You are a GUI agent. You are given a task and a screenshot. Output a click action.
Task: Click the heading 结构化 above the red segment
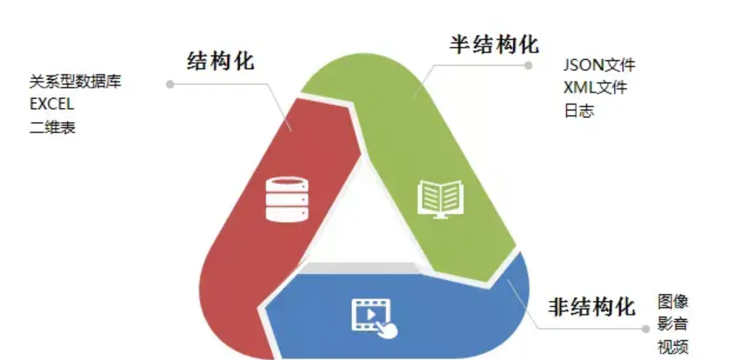[221, 62]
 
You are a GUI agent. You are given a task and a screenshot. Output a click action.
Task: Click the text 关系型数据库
[75, 81]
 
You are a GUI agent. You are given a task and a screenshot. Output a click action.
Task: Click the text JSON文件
[599, 64]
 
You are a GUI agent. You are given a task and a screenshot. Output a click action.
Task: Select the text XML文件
[595, 87]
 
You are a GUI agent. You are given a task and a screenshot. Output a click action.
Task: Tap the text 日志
[578, 111]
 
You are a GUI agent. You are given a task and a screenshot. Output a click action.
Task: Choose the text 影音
[673, 325]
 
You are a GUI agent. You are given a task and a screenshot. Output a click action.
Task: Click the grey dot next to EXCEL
[169, 82]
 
